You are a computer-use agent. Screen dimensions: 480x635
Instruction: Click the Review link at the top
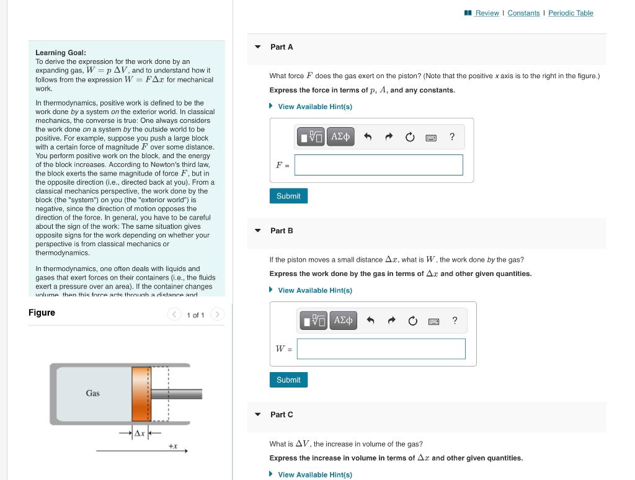point(487,13)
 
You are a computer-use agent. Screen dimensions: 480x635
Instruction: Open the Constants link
point(523,13)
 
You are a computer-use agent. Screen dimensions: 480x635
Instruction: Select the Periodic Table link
point(571,13)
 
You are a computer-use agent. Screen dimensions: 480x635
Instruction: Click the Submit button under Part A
point(288,196)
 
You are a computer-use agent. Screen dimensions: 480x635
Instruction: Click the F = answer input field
point(378,165)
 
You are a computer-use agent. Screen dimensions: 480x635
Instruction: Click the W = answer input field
point(381,349)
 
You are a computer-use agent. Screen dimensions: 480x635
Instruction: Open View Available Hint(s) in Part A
point(314,107)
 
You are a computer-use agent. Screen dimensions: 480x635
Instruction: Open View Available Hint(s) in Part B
point(314,290)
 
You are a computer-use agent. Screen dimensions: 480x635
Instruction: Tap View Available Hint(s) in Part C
point(314,474)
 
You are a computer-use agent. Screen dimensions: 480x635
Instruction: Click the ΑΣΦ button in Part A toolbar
point(340,136)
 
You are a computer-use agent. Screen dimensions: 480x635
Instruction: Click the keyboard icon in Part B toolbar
point(434,321)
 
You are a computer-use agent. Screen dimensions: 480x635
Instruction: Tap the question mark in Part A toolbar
point(452,136)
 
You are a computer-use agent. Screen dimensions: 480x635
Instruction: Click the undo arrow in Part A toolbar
point(368,136)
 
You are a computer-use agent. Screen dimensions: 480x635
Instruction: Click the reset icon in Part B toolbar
point(412,321)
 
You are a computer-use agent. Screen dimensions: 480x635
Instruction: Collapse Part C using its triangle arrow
point(258,414)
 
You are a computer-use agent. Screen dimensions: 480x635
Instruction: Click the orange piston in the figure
point(141,394)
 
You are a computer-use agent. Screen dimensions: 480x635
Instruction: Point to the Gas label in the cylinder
point(92,393)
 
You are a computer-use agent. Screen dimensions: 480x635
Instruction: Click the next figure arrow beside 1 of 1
point(217,315)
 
